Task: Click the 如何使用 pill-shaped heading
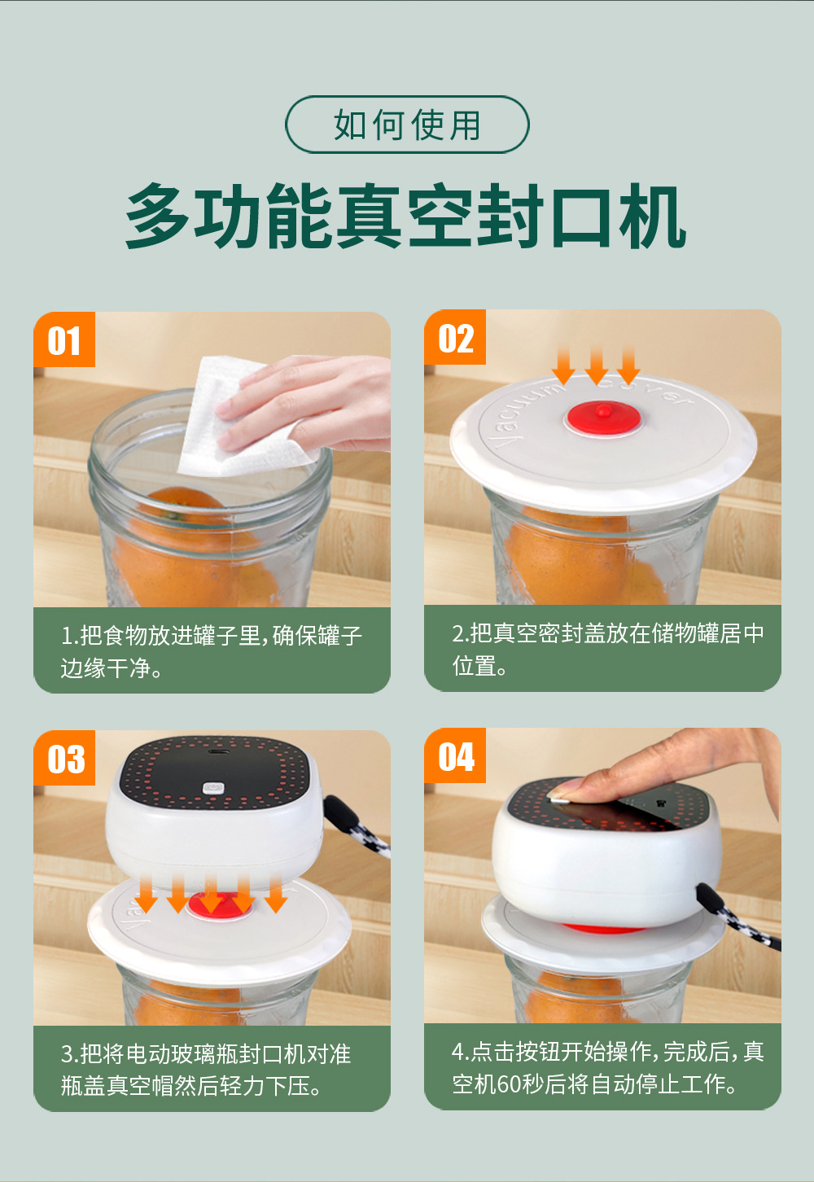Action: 407,125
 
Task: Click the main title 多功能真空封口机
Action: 405,217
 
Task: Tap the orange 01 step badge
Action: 64,339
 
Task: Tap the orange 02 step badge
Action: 455,337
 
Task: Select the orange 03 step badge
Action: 64,758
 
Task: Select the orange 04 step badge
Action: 455,755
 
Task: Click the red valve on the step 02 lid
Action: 603,418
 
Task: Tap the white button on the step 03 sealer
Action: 213,788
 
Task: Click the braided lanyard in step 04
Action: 738,918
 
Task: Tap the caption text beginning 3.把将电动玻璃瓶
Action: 206,1070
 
